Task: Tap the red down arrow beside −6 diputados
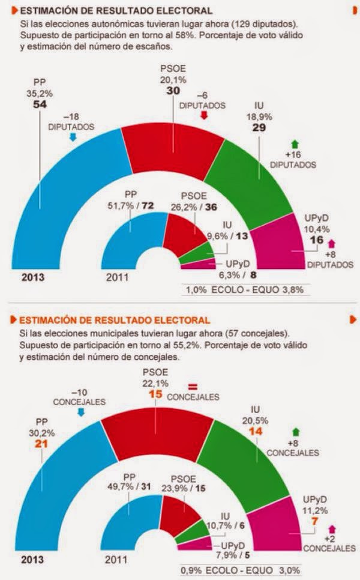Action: click(x=203, y=115)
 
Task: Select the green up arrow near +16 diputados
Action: click(x=294, y=143)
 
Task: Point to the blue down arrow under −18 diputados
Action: click(x=73, y=138)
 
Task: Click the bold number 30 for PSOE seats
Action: click(x=173, y=91)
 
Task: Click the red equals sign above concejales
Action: click(x=193, y=385)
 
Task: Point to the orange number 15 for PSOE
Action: click(x=156, y=394)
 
